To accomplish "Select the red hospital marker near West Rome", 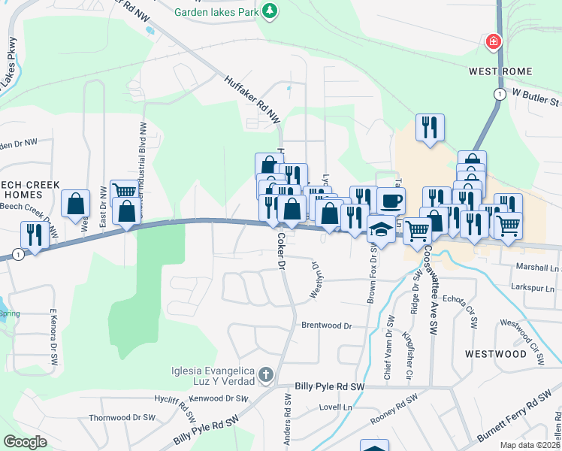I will tap(494, 41).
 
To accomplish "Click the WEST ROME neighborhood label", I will tap(500, 71).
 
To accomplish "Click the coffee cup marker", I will tap(390, 201).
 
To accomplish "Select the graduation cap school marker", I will tap(382, 229).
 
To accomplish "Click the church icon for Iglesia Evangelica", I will tap(264, 374).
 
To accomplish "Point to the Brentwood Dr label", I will tap(327, 325).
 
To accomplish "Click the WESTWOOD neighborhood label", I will tap(495, 353).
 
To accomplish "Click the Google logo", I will tap(25, 442).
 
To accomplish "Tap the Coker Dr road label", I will tap(281, 250).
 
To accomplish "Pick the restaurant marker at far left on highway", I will tap(35, 234).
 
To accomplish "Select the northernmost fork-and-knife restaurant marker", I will tap(430, 127).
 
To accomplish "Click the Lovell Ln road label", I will tap(335, 407).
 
